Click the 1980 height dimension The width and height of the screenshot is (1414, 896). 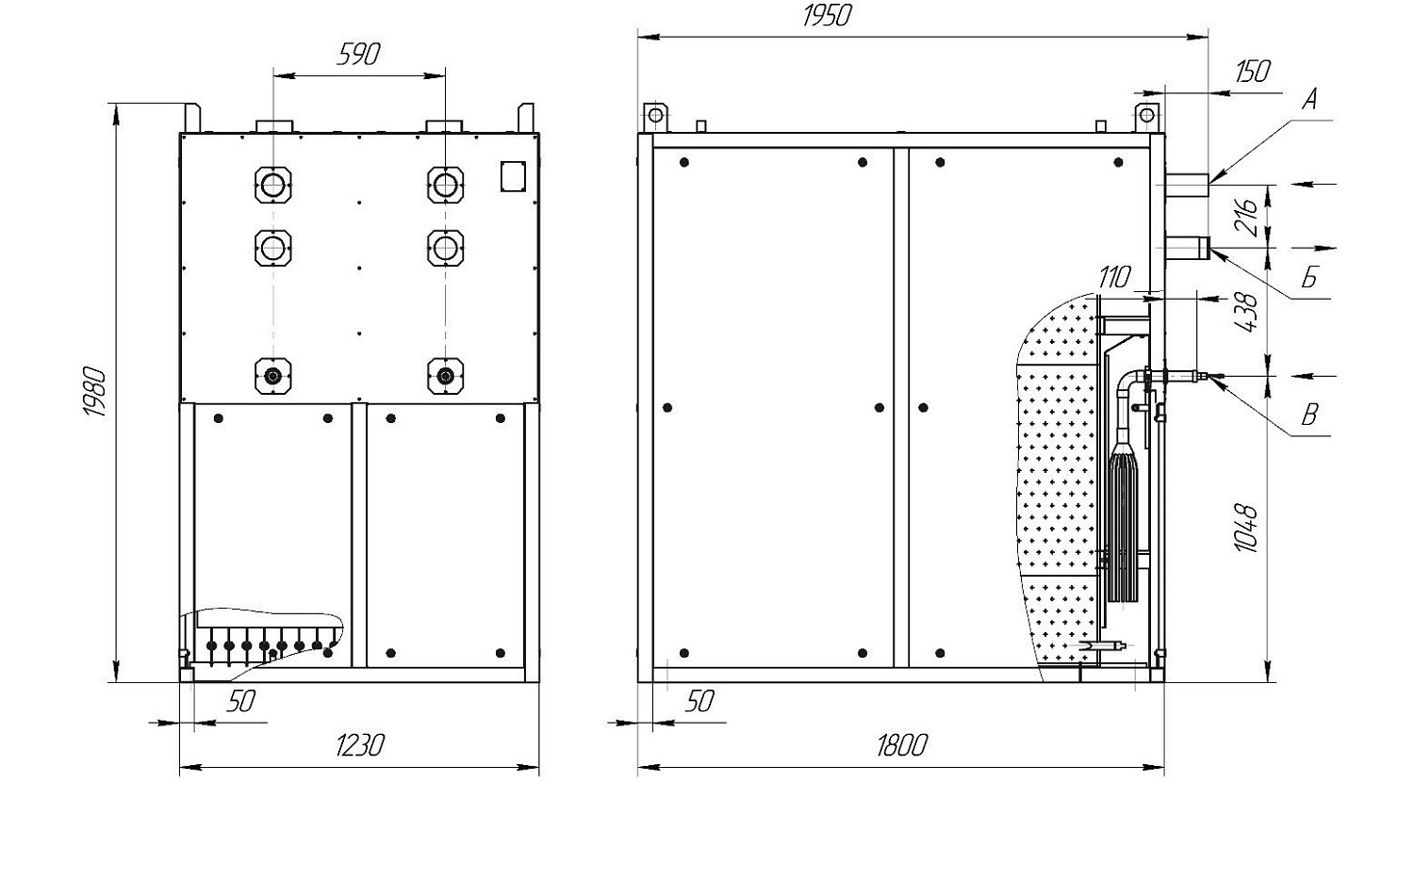94,391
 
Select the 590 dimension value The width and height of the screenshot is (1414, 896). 358,55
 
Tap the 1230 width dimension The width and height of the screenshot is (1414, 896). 359,745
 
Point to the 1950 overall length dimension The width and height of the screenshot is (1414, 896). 827,16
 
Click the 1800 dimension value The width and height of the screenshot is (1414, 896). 901,745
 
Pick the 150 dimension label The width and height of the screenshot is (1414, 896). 1253,72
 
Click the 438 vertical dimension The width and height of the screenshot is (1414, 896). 1246,311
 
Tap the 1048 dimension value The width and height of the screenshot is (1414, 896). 1246,529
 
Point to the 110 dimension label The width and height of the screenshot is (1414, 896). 1114,277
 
